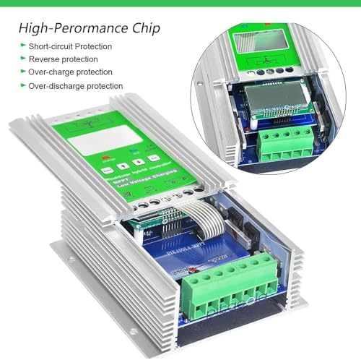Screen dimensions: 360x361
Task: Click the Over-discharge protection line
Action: click(75, 86)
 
